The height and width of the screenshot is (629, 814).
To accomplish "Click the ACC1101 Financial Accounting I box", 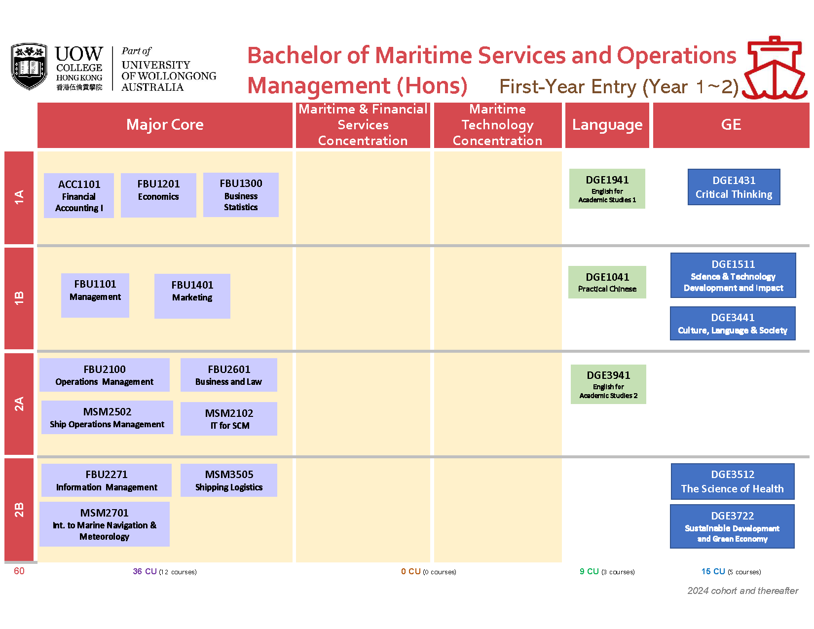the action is (x=78, y=195).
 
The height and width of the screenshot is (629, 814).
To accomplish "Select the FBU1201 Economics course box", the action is (x=158, y=195).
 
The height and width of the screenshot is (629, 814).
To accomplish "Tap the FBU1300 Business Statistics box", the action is (x=241, y=195).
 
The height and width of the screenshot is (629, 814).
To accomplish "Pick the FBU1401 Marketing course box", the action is (x=192, y=296).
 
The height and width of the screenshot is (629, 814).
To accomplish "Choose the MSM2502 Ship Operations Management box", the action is (x=107, y=417).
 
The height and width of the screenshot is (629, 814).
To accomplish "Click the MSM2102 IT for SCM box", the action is (x=229, y=419).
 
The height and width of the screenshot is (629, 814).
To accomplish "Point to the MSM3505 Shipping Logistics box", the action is (x=229, y=481).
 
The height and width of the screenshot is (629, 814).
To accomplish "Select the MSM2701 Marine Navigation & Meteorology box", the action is (x=105, y=524).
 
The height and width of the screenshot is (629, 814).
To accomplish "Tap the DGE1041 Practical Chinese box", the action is (x=607, y=282).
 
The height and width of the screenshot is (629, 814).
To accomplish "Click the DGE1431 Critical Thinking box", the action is (x=734, y=187).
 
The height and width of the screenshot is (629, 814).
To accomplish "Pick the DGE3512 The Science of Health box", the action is (x=733, y=481).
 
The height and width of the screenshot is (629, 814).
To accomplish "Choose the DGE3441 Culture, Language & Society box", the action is (x=733, y=323).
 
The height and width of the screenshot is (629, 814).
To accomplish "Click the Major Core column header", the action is (x=165, y=125).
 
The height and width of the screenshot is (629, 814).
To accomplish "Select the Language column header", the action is (x=607, y=125).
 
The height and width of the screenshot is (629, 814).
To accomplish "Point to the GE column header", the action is (x=731, y=125).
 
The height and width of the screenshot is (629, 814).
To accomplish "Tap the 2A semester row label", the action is (x=19, y=404).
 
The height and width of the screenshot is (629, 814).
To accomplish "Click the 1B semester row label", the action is (x=19, y=298).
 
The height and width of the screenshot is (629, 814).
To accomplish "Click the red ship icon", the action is (x=775, y=68).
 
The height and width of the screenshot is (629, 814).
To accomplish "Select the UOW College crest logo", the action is (x=29, y=66).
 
